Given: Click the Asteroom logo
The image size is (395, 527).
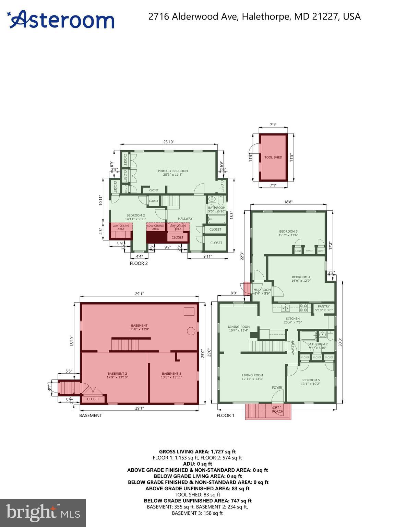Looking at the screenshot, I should [61, 20].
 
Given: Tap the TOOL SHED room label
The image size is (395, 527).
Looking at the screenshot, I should [273, 157].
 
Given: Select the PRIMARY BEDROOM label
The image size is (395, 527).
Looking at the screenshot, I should [173, 171].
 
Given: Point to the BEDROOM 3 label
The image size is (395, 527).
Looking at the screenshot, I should [288, 231].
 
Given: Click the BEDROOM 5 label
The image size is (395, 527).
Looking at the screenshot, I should [310, 380].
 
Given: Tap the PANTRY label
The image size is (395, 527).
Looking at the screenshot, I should [324, 306].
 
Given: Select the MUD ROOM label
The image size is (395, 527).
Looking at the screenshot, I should [262, 290].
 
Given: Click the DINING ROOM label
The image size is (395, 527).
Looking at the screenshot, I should [239, 327].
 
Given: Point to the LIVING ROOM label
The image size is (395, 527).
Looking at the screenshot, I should [252, 375].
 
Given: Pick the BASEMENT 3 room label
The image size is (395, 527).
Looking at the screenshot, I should [171, 374].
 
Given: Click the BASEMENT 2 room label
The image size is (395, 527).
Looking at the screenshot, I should [117, 374].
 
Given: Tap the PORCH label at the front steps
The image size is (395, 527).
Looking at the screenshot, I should [277, 411].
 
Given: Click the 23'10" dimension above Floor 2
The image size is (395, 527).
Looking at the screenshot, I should [168, 142].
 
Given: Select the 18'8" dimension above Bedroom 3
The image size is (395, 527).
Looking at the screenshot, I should [288, 202].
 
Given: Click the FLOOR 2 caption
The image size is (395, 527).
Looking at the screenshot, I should [139, 263].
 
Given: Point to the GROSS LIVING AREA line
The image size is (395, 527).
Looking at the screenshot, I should [197, 452].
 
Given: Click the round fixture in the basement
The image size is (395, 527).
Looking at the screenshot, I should [191, 331].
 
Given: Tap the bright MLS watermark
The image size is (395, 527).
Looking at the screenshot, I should [43, 513].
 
